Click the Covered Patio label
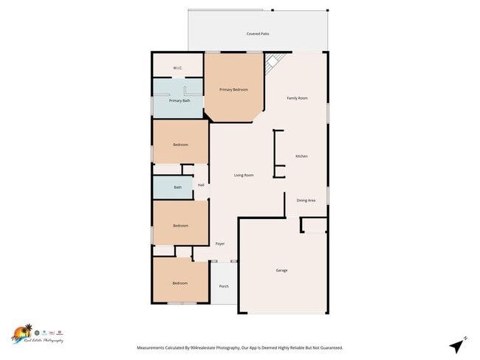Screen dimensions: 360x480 257,34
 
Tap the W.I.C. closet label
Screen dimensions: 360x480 178,68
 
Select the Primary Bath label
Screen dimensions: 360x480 179,100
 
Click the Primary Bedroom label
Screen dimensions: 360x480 233,89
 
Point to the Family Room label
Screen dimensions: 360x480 297,98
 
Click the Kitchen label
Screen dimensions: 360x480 301,156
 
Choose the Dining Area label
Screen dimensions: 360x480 306,201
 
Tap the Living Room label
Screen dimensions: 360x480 244,175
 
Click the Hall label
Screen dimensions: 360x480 201,185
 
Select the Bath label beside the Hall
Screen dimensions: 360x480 177,187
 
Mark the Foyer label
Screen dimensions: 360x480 220,243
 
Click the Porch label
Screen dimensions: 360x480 224,286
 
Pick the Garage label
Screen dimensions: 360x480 281,271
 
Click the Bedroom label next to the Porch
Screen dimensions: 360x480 180,283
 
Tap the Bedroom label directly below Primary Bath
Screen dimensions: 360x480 180,145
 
